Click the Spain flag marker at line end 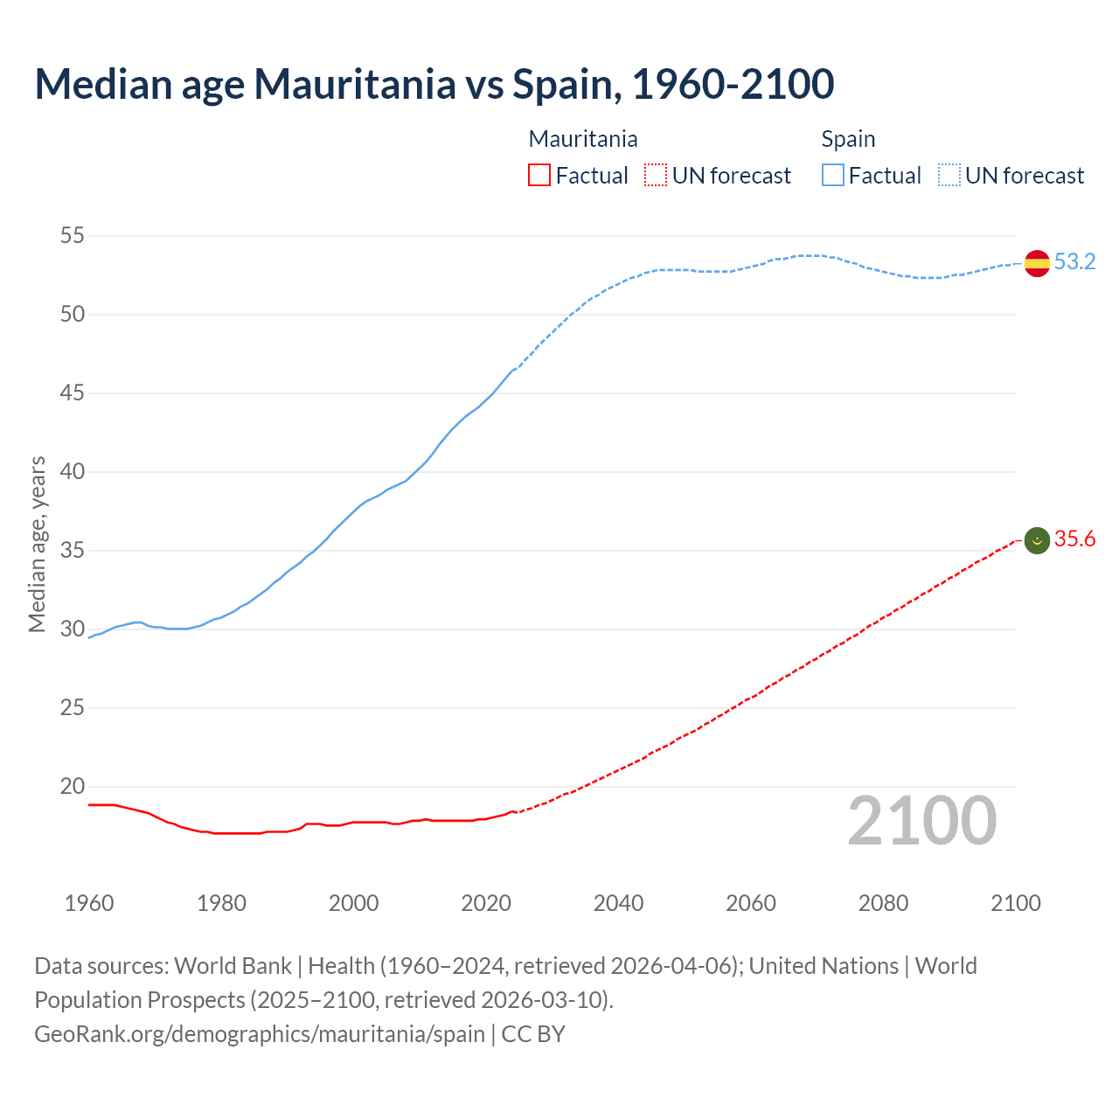click(x=1037, y=263)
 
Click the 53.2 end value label click(x=1074, y=262)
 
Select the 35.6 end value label click(x=1074, y=539)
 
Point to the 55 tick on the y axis click(x=73, y=235)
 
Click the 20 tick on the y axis click(x=73, y=786)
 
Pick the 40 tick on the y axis click(x=73, y=471)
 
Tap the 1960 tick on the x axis click(x=89, y=903)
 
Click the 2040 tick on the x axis click(x=618, y=903)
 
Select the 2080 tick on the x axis click(x=883, y=903)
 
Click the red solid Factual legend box click(x=539, y=176)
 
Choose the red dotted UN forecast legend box click(x=656, y=176)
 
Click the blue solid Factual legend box click(x=833, y=176)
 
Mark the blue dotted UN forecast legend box click(x=949, y=176)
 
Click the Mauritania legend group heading click(x=583, y=139)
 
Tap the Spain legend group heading click(x=848, y=139)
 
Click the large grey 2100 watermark click(x=921, y=821)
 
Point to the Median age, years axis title click(x=37, y=544)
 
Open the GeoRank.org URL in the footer click(x=259, y=1034)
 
